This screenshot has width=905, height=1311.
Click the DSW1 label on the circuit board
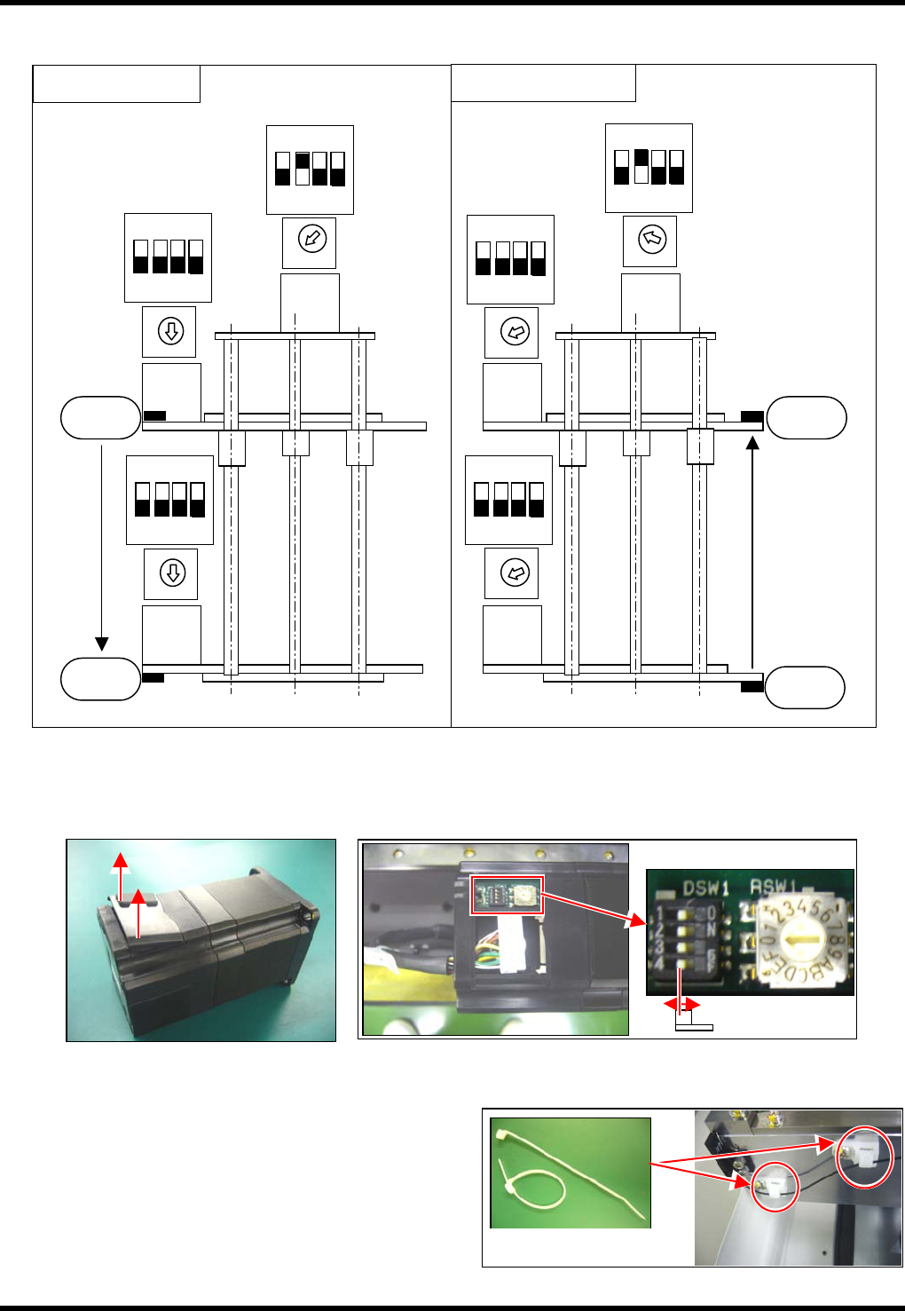705,888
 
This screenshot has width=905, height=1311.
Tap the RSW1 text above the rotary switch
774,886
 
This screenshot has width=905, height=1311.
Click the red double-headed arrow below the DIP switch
681,1005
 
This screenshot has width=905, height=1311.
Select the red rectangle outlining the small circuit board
506,895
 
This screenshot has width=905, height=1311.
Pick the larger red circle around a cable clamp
864,1157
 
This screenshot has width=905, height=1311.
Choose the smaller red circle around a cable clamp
775,1186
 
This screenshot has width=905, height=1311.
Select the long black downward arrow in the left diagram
102,546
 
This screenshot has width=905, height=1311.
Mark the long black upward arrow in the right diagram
752,550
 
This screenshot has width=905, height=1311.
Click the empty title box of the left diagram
116,83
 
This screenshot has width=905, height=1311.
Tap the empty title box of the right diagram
543,83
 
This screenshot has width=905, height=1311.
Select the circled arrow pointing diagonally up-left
651,239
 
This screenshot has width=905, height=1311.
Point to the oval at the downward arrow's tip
100,678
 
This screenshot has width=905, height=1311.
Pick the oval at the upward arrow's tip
807,417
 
